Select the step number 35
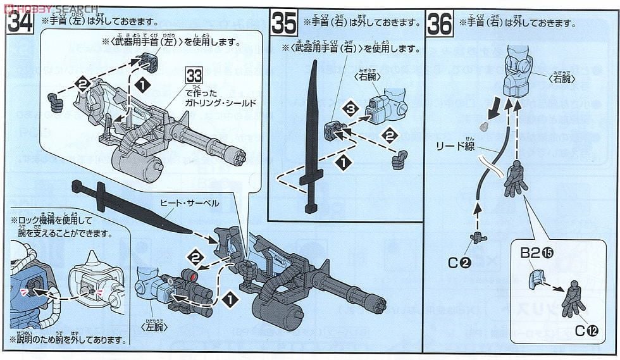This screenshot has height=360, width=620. pyautogui.click(x=284, y=23)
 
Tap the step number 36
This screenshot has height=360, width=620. pyautogui.click(x=440, y=23)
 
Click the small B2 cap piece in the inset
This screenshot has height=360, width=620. pyautogui.click(x=536, y=276)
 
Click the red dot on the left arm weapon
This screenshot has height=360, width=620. pyautogui.click(x=194, y=273)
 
